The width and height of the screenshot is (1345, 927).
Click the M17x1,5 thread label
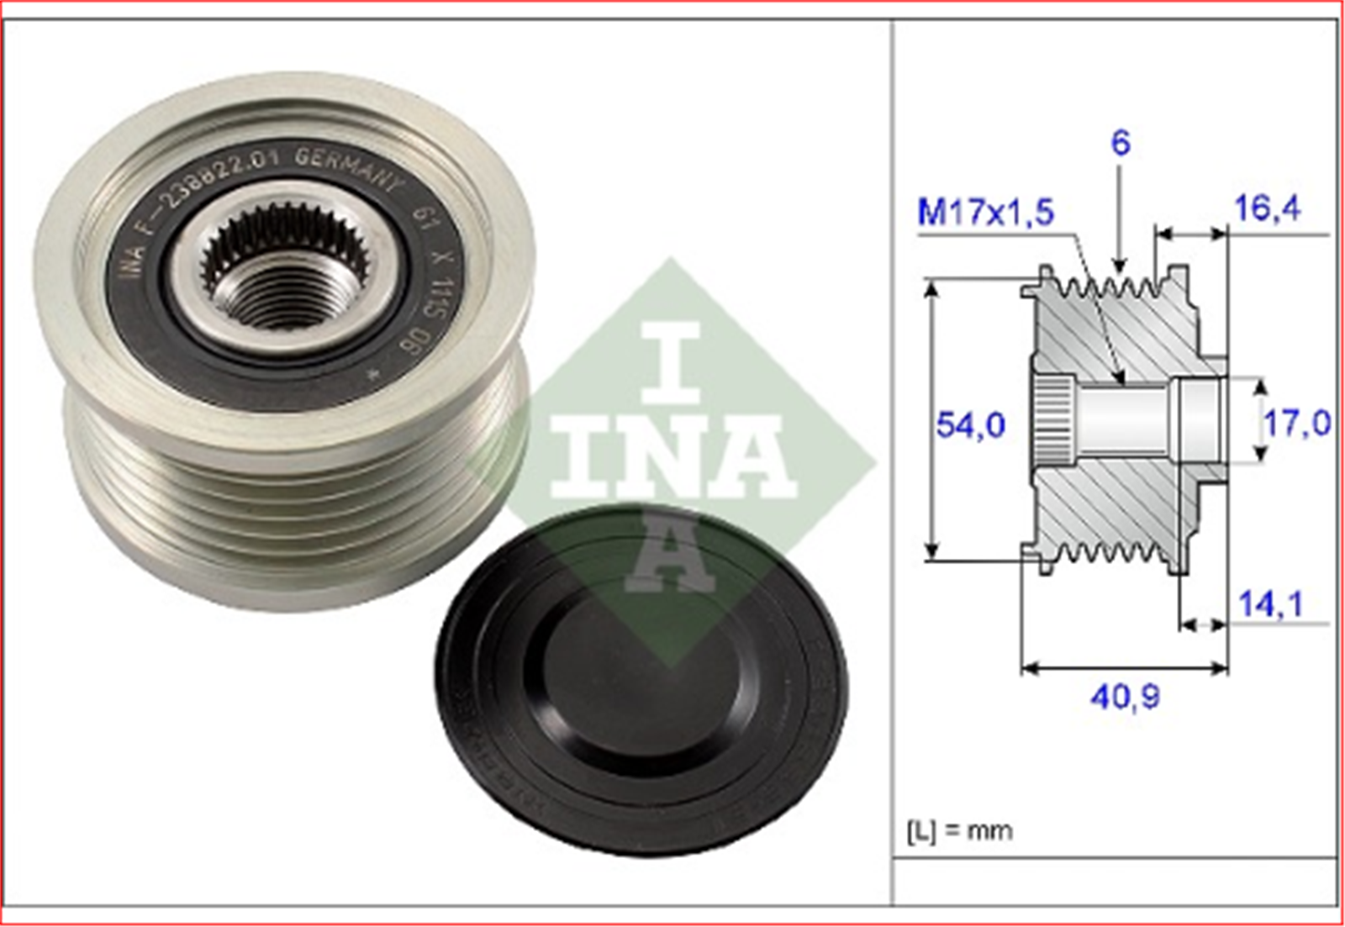985,212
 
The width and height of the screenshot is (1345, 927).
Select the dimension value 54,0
970,425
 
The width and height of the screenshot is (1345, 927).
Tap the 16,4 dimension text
1266,208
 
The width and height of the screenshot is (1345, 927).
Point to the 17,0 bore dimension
1297,423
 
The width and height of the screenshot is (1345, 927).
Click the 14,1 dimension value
1269,603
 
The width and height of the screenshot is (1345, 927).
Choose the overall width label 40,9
1125,696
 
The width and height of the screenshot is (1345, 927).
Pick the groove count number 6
1120,144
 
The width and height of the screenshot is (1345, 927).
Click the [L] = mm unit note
959,831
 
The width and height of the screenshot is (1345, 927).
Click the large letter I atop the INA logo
670,361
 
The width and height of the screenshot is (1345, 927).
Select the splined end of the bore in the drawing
1052,420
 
